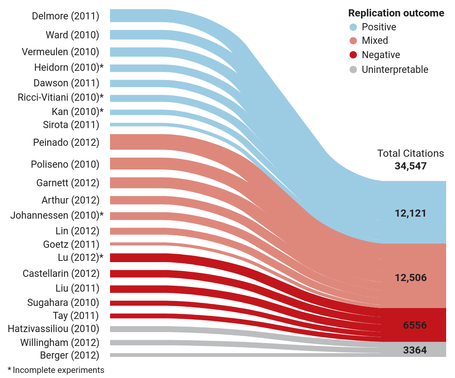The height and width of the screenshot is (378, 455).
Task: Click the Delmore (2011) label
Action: [65, 16]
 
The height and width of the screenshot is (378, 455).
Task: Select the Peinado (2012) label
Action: [66, 142]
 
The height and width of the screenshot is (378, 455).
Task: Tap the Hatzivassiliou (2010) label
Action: [54, 329]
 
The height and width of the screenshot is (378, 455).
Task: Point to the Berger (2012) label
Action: [70, 355]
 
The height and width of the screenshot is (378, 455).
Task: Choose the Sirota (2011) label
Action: [71, 125]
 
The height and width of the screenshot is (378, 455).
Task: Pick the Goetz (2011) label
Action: [71, 244]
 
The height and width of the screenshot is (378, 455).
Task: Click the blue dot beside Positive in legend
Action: [353, 27]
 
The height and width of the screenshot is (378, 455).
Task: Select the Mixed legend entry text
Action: [375, 41]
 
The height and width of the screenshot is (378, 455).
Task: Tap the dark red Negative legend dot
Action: [353, 55]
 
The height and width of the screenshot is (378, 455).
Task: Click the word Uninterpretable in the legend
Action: [395, 70]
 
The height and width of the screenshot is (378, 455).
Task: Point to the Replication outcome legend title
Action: [396, 13]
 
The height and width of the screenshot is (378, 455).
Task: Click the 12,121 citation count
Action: [410, 213]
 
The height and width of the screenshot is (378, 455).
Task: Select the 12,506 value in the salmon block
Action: [410, 278]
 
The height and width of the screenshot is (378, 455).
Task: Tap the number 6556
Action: [415, 325]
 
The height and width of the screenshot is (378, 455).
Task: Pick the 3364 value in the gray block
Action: [415, 350]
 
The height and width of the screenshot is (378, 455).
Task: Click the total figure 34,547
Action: [410, 166]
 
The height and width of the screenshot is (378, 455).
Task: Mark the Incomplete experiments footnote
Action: [56, 370]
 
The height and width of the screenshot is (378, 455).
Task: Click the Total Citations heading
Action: [410, 153]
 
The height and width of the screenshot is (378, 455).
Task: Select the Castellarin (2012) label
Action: [61, 273]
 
